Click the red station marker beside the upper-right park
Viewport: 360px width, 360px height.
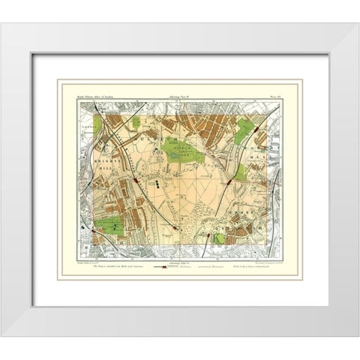(257, 128)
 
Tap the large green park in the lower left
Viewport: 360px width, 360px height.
(108, 226)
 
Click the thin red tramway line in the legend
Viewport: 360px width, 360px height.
(209, 266)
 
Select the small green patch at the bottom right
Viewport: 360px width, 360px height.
(217, 238)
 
